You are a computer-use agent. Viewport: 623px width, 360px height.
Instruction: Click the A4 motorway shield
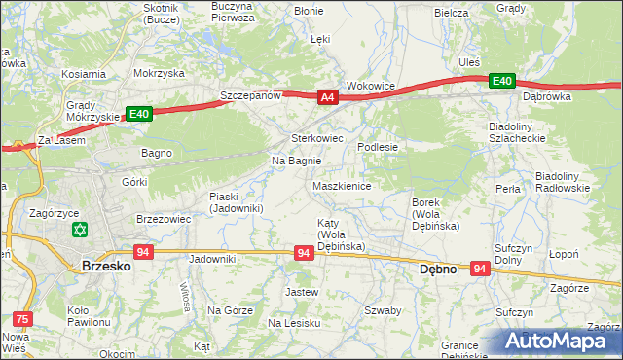click(327, 96)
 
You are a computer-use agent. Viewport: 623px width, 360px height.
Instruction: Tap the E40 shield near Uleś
click(501, 80)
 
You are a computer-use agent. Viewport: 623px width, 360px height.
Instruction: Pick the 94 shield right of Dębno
click(480, 267)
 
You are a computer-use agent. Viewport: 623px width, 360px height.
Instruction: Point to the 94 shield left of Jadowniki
click(143, 252)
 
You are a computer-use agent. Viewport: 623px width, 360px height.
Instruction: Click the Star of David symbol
click(79, 231)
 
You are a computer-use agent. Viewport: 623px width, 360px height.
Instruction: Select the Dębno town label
click(437, 269)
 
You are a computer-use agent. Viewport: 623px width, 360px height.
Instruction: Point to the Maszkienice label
click(342, 185)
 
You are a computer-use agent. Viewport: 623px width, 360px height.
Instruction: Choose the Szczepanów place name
click(250, 96)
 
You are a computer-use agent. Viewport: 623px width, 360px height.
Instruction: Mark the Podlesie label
click(379, 146)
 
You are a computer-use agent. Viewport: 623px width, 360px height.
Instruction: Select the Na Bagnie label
click(296, 161)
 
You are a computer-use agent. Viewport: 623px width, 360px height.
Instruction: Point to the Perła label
click(507, 188)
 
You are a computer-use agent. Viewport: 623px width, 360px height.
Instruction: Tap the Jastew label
click(302, 291)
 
